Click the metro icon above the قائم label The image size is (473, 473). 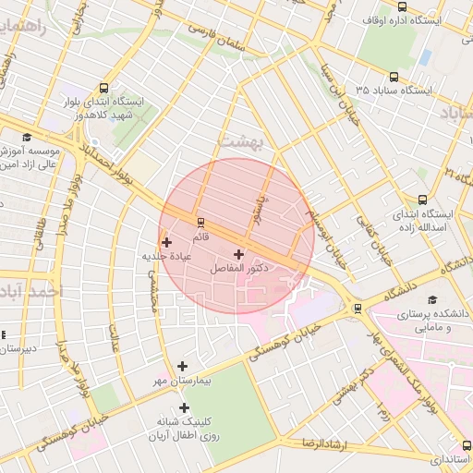point(200,222)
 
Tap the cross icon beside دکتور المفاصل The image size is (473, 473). point(238,253)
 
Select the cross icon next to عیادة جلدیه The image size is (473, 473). point(166,242)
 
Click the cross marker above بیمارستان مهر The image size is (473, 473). point(182,367)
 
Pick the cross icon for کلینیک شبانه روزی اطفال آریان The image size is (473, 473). point(184,407)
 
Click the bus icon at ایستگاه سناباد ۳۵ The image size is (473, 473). point(394,78)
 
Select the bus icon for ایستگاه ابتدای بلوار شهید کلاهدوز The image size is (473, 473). point(103,87)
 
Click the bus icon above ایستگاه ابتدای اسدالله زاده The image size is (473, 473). point(423,200)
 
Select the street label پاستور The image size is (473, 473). point(263,209)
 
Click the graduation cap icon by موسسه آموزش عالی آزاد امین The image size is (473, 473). point(4,149)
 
